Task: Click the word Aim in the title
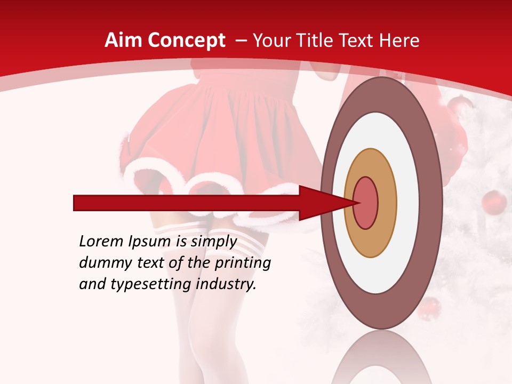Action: click(123, 41)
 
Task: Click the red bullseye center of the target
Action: click(366, 203)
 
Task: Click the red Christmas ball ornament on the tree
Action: click(494, 203)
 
